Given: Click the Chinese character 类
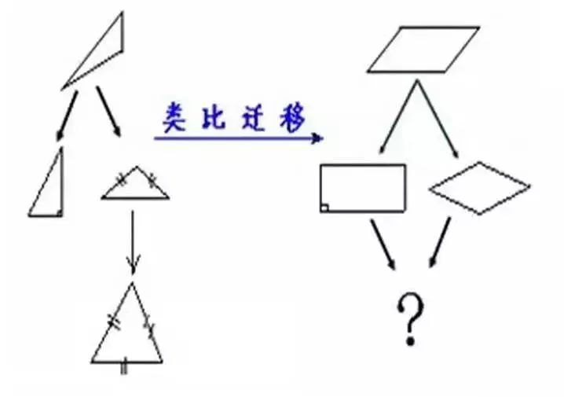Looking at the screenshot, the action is click(x=174, y=117).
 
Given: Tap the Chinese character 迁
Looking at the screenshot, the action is click(x=255, y=117).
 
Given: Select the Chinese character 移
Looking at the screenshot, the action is click(x=293, y=117).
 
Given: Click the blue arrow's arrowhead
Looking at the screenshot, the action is click(x=317, y=138).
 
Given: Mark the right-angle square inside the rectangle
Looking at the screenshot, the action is click(x=324, y=208).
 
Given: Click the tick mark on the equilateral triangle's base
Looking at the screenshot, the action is click(x=124, y=366).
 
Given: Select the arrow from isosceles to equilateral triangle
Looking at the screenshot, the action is click(x=133, y=242).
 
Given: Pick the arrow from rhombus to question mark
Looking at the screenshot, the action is click(x=440, y=242).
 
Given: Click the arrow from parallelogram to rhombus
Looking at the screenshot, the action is click(x=438, y=119).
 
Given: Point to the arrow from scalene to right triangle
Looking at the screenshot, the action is click(x=67, y=116).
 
